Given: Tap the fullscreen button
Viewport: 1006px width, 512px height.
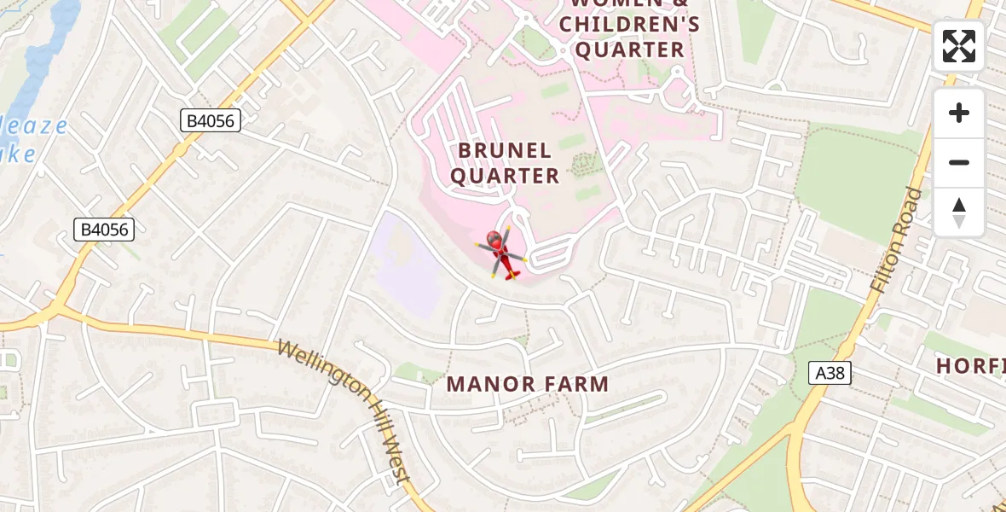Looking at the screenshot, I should coord(959,46).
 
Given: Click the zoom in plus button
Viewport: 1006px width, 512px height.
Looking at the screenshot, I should coord(959,113).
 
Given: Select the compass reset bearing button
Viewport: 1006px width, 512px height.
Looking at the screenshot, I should coord(959,212).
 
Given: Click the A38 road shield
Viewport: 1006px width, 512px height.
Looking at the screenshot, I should coord(830,372).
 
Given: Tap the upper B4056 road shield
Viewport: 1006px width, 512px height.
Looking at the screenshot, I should coord(211,120).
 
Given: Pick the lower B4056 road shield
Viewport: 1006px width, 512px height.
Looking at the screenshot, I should coord(104,229).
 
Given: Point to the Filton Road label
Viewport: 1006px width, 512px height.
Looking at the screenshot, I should coord(898,241).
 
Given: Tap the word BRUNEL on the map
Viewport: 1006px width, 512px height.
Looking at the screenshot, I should coord(505,151).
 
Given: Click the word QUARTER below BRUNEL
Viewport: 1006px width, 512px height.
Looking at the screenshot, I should coord(505,177).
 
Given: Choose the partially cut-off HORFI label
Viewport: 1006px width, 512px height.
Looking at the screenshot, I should coord(970,367).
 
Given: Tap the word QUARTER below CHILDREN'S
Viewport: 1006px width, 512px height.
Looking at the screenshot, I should coord(631,49).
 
